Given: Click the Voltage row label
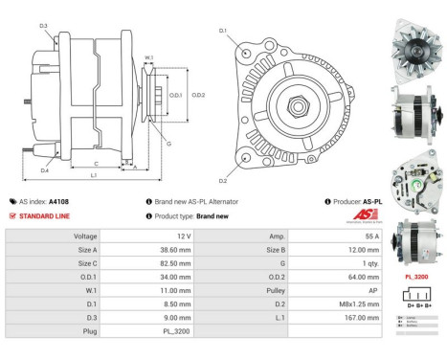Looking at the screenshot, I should coord(86,236).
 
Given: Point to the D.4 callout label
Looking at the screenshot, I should coord(44,170).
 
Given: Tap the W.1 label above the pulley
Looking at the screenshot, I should coord(149,58).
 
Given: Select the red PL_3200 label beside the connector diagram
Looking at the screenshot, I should coord(417,275).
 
